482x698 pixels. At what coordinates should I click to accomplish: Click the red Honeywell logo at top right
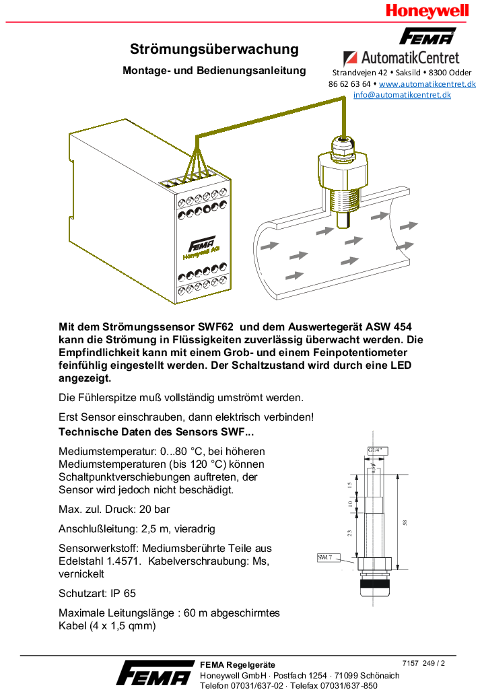click(427, 11)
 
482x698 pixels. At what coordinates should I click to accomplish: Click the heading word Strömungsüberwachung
click(214, 49)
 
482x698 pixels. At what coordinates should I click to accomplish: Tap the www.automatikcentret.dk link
click(427, 84)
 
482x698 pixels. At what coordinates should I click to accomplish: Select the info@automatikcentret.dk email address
click(402, 95)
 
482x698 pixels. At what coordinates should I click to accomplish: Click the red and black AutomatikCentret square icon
click(350, 58)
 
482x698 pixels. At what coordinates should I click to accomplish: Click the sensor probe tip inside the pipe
click(343, 219)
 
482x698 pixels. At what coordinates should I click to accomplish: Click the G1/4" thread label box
click(375, 450)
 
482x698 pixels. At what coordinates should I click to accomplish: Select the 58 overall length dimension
click(405, 523)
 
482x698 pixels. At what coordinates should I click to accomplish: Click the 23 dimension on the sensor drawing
click(350, 532)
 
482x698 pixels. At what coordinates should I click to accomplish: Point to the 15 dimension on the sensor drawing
click(350, 485)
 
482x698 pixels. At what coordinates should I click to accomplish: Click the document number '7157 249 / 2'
click(423, 663)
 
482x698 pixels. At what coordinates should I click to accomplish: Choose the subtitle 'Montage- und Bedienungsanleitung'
click(214, 71)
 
